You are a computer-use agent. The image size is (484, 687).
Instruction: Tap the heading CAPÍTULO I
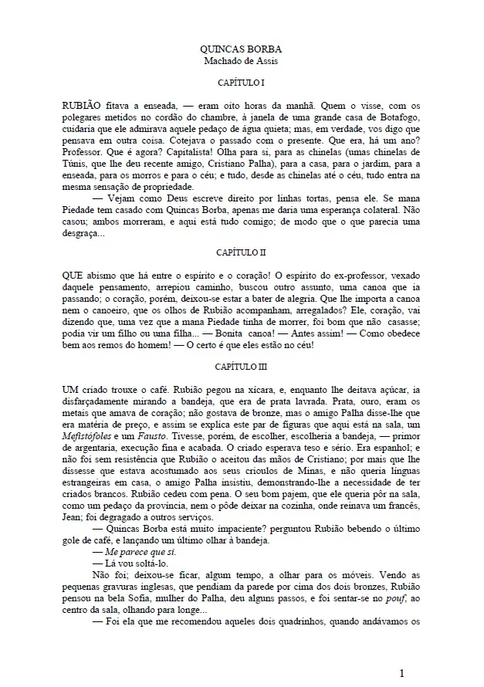point(242,83)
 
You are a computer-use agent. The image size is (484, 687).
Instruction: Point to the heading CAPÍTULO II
point(242,252)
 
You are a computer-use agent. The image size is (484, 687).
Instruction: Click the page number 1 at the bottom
point(402,673)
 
